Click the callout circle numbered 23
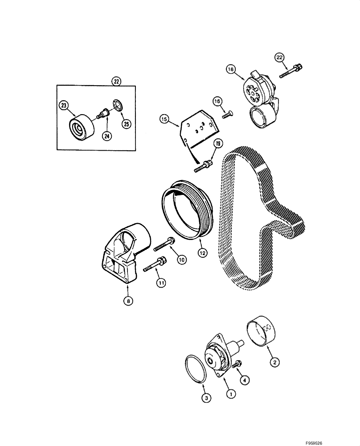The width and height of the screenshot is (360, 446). pyautogui.click(x=63, y=106)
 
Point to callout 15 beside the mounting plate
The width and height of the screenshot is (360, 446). pyautogui.click(x=164, y=119)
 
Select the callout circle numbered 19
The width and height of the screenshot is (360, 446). pyautogui.click(x=218, y=144)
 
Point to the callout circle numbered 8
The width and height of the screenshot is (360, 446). pyautogui.click(x=128, y=301)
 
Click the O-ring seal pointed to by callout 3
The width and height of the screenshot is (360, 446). pyautogui.click(x=195, y=368)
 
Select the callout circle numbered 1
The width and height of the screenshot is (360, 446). pyautogui.click(x=231, y=393)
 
